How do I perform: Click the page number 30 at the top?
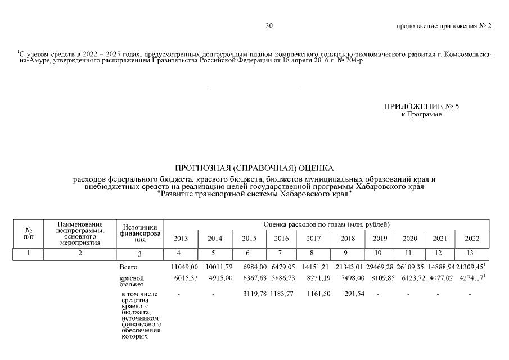pos(269,26)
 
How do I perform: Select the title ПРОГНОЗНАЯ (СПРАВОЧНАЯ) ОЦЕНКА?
pos(254,168)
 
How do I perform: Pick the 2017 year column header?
pos(313,238)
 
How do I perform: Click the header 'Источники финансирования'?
pos(136,233)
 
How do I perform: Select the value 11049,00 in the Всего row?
pos(184,267)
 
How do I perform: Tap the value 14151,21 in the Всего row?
pos(313,267)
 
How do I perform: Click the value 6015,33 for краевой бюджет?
pos(184,278)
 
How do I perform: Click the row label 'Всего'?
pos(129,267)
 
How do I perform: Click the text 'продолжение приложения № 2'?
pos(444,26)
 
